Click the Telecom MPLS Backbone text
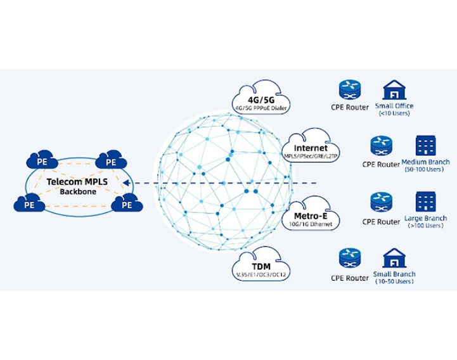78,185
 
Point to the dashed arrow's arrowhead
126,183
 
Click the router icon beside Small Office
349,90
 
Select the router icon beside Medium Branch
380,146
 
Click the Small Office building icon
394,90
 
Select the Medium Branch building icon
424,146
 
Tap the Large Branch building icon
424,202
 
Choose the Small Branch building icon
394,259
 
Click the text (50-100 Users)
424,170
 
